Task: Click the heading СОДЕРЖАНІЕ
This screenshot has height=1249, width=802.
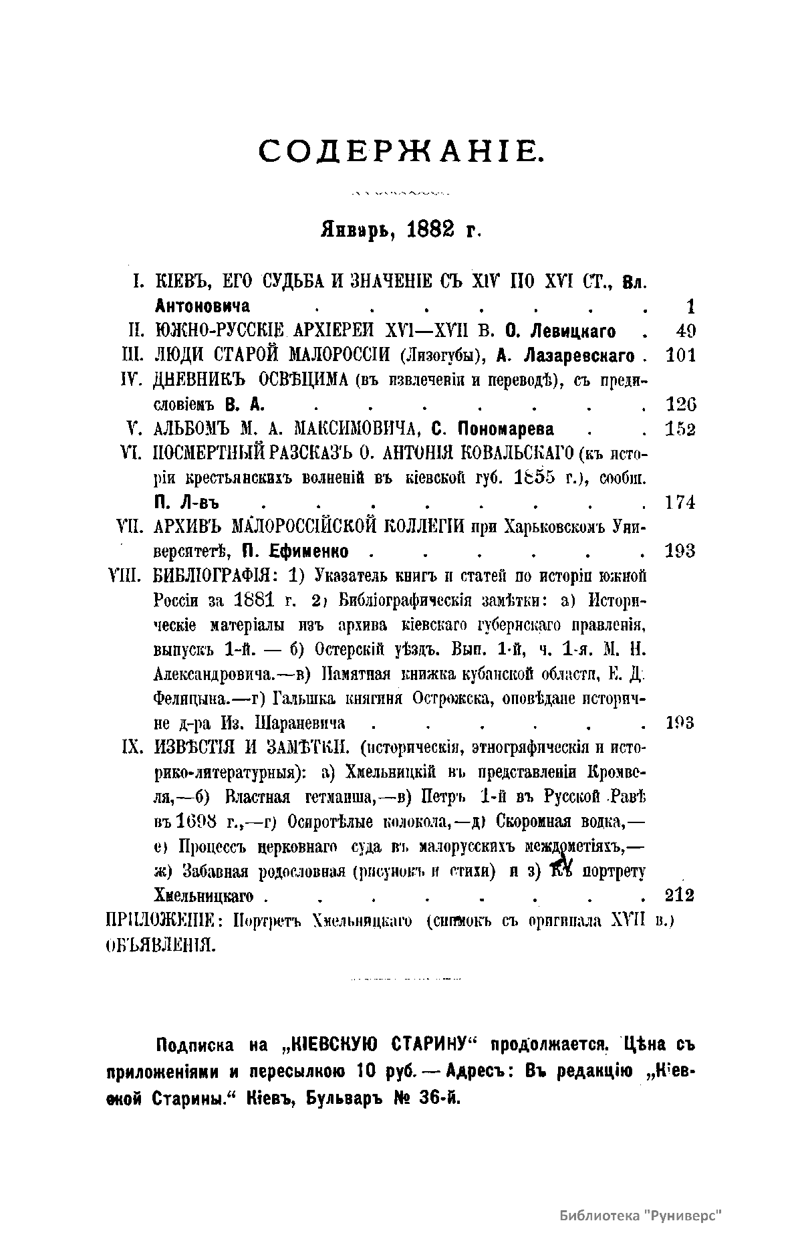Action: [x=402, y=151]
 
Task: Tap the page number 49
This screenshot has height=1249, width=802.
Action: [x=685, y=330]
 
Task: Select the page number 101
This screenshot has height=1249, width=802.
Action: [x=681, y=355]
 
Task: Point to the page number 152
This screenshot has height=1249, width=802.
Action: [x=681, y=429]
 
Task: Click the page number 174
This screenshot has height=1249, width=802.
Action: [x=681, y=502]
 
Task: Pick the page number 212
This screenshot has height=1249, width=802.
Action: [x=681, y=895]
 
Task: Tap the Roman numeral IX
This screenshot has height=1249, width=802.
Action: [x=130, y=748]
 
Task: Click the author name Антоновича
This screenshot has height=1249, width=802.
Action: [x=202, y=306]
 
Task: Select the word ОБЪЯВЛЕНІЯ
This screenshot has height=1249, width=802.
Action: [x=160, y=946]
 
